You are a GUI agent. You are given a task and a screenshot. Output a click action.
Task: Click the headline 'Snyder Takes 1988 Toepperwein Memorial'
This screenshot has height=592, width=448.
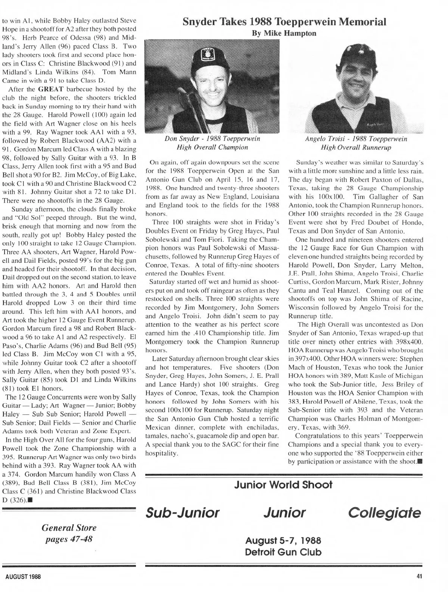click(x=284, y=22)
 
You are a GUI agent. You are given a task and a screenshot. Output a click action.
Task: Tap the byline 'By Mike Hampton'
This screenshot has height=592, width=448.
click(x=284, y=33)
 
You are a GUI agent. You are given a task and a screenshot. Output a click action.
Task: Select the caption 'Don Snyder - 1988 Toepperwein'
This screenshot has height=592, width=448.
click(x=212, y=139)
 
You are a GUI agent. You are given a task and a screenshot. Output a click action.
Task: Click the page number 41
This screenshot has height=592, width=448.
click(x=419, y=576)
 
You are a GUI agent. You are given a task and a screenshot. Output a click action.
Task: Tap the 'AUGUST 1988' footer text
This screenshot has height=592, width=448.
click(x=23, y=576)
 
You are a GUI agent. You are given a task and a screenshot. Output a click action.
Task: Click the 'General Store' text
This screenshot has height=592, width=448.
click(x=69, y=528)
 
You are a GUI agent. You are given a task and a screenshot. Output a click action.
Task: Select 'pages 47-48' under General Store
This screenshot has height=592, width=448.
click(x=69, y=539)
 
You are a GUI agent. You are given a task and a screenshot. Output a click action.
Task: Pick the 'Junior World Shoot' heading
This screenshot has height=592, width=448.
click(x=283, y=485)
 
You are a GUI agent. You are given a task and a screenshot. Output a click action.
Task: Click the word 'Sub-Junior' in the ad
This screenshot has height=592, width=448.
click(x=182, y=512)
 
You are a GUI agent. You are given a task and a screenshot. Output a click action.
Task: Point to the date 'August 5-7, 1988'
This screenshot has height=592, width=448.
click(x=283, y=540)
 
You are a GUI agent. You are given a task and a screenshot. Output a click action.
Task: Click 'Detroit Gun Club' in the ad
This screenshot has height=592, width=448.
click(x=283, y=552)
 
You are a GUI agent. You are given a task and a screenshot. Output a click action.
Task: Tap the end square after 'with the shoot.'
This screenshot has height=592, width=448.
click(x=420, y=461)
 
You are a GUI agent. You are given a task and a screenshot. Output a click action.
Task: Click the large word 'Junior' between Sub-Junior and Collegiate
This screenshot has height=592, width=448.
click(x=284, y=512)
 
